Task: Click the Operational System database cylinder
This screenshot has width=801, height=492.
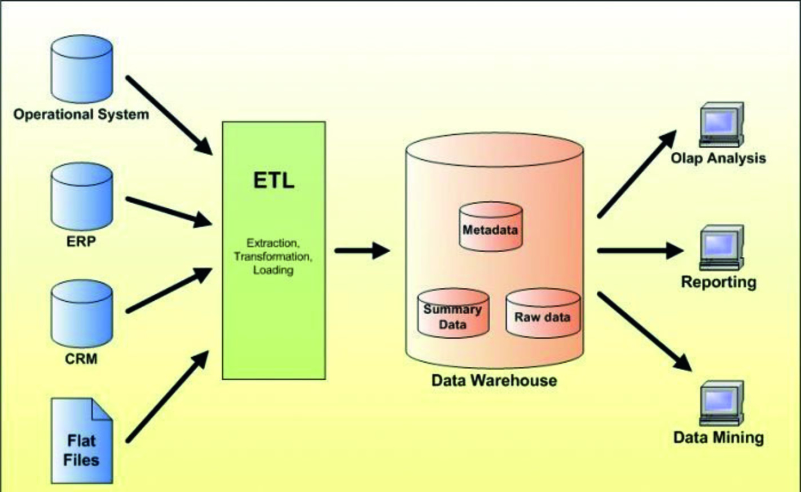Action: pos(82,69)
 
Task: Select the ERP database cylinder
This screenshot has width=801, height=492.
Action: pos(82,196)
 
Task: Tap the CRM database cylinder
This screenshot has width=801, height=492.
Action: pos(82,314)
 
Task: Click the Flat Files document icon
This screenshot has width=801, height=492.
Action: pos(82,441)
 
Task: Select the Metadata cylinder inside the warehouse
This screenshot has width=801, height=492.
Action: pos(491,227)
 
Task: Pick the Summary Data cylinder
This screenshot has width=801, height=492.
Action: pos(453,313)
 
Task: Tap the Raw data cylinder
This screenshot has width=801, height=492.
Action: pos(543,313)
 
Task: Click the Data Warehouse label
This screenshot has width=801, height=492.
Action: pos(494,380)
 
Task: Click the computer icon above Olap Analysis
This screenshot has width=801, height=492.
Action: pos(721,125)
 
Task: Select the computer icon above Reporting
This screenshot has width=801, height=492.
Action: pos(721,248)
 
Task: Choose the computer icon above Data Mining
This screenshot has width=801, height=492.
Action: pos(721,403)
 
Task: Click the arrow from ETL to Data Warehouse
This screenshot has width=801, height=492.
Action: pos(362,251)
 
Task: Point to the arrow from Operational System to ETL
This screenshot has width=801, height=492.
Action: pos(169,116)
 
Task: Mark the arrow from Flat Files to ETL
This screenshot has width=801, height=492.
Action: pos(168,397)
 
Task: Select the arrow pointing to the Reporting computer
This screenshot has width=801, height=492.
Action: pos(640,251)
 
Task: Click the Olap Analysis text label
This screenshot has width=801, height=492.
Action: pos(718,159)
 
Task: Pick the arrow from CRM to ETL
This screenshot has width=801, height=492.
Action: pos(169,290)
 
